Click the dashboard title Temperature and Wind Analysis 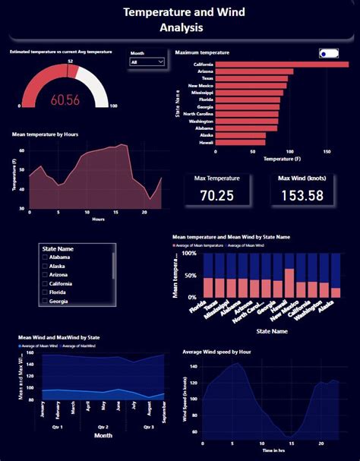pos(179,21)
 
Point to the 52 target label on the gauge pos(70,61)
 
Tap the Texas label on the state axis pos(207,78)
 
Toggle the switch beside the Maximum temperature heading pos(329,53)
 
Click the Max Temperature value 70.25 pos(216,195)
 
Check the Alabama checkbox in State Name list pos(46,257)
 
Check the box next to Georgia pos(46,302)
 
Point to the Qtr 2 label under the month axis pos(102,428)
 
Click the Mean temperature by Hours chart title pos(45,134)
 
